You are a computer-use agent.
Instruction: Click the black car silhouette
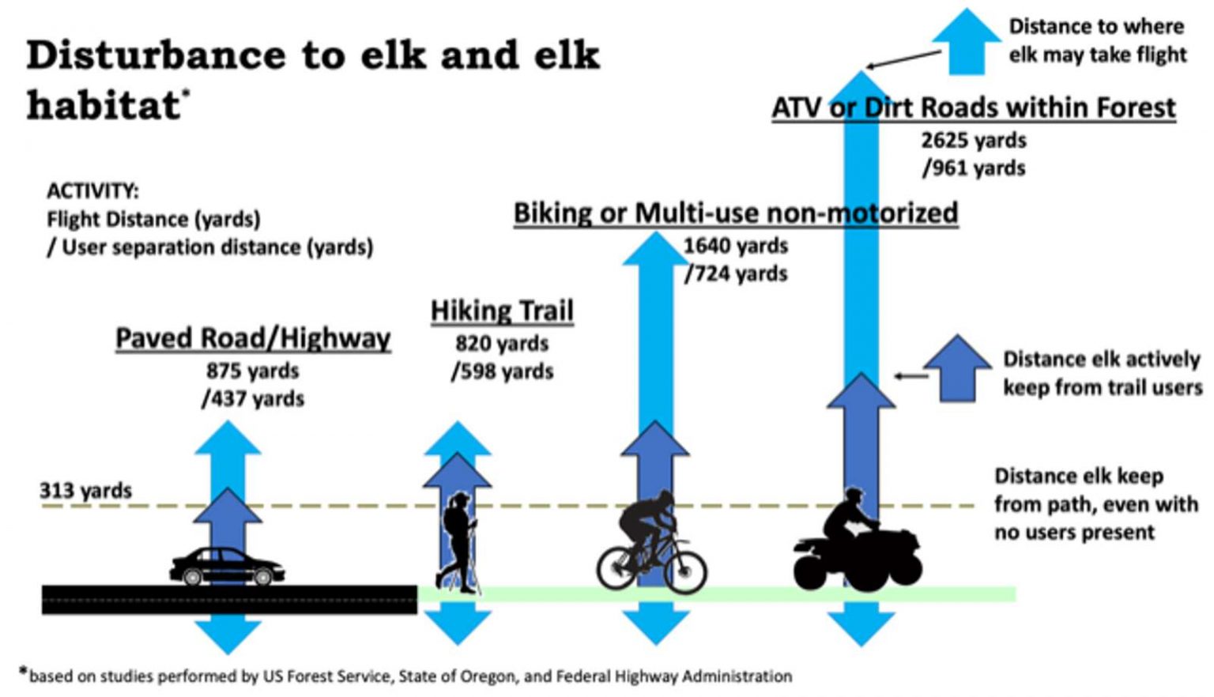pyautogui.click(x=227, y=567)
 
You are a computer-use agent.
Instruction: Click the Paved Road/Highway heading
pyautogui.click(x=253, y=338)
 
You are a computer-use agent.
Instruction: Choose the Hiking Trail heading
pyautogui.click(x=502, y=311)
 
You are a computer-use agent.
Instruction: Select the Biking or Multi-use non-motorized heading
pyautogui.click(x=736, y=213)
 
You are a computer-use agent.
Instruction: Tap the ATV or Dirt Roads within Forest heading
pyautogui.click(x=974, y=107)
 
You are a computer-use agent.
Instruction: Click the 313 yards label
pyautogui.click(x=85, y=491)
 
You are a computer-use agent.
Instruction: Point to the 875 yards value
pyautogui.click(x=253, y=371)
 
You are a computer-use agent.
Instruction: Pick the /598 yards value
pyautogui.click(x=502, y=371)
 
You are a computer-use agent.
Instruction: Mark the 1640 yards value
pyautogui.click(x=736, y=246)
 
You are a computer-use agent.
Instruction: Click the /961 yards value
pyautogui.click(x=974, y=168)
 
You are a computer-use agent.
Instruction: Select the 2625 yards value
pyautogui.click(x=974, y=141)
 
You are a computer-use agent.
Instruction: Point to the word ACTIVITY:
pyautogui.click(x=92, y=191)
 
